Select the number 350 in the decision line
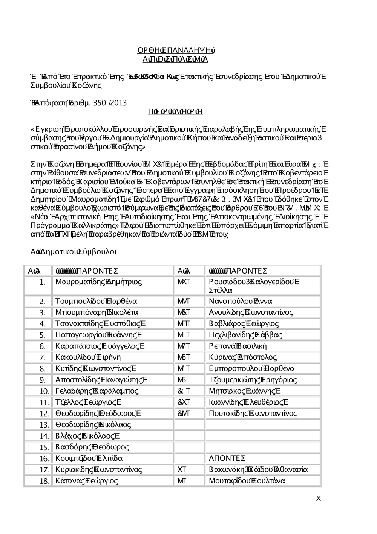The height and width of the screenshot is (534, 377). click(99, 103)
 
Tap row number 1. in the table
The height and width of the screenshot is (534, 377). click(42, 282)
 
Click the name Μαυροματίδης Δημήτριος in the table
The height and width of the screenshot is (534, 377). click(98, 282)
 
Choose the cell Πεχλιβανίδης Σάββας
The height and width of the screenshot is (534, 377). click(245, 335)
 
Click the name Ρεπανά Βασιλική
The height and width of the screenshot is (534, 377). click(238, 346)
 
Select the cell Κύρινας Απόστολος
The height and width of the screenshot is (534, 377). click(243, 357)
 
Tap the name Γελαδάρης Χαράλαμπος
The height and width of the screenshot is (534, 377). click(97, 391)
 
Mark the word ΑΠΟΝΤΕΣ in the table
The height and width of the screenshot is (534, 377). click(227, 459)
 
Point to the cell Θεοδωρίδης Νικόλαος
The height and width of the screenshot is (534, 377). click(93, 425)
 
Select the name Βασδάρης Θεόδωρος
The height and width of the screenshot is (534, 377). click(92, 447)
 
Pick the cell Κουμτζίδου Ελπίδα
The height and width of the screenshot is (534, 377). click(89, 459)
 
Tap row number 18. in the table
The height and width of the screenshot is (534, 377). click(44, 481)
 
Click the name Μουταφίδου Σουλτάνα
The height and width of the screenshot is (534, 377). click(247, 481)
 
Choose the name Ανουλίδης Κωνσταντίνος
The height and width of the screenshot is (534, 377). click(251, 312)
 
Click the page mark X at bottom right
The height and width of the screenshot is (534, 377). click(318, 499)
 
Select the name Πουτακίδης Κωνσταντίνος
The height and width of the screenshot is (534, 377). click(253, 414)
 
